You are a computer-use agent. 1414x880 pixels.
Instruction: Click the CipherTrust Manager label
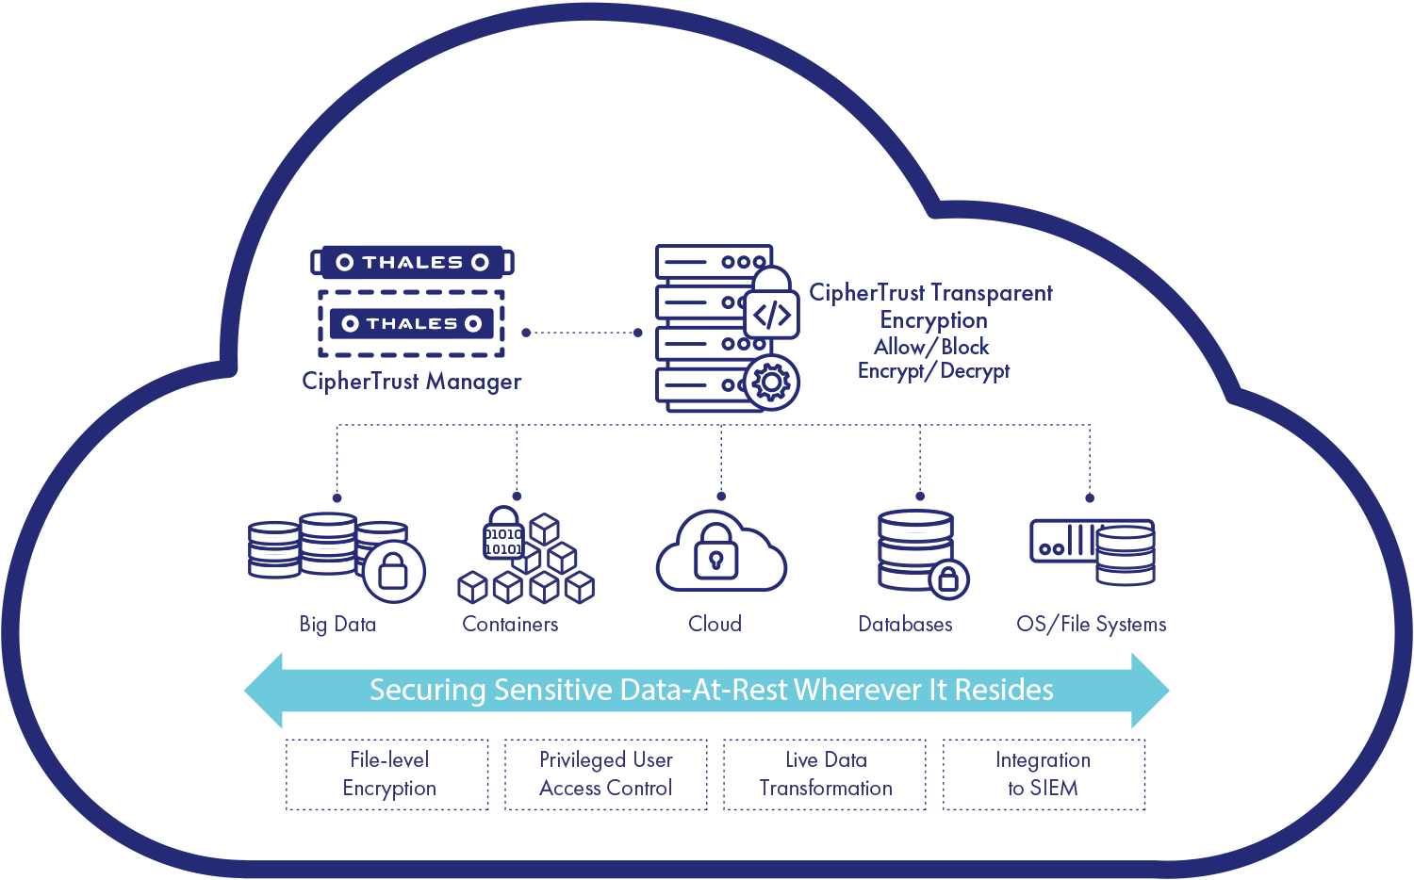click(411, 382)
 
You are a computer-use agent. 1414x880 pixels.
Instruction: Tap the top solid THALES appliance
click(412, 262)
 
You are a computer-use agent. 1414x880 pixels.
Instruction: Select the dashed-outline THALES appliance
click(411, 323)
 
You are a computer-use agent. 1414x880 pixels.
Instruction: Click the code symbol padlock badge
click(772, 307)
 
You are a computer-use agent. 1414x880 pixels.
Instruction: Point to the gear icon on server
click(772, 383)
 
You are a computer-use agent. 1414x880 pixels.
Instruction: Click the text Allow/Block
click(931, 347)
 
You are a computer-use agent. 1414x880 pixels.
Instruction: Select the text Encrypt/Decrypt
click(933, 371)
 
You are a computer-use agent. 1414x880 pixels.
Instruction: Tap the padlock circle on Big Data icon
click(393, 571)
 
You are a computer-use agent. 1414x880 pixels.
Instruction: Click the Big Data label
click(337, 624)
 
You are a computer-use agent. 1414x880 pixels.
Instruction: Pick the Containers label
click(510, 624)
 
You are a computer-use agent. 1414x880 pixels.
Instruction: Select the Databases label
click(905, 624)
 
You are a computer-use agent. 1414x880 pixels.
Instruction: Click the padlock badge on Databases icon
click(948, 579)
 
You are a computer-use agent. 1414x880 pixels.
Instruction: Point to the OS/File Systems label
click(1091, 624)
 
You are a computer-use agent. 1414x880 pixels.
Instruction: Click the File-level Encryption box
click(388, 774)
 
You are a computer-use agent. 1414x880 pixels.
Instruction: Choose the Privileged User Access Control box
click(606, 774)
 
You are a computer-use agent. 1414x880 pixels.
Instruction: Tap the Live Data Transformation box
click(826, 774)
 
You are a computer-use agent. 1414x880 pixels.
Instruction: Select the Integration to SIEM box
click(1044, 774)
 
